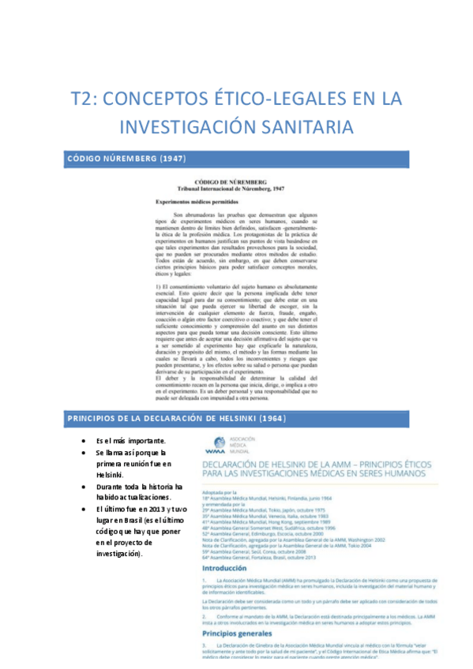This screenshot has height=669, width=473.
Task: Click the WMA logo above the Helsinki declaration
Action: tap(215, 444)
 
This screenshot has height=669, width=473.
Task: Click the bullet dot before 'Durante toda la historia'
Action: tap(84, 487)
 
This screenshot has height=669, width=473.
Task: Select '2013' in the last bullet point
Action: tap(161, 510)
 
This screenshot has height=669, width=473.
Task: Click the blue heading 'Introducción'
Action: tap(230, 567)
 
